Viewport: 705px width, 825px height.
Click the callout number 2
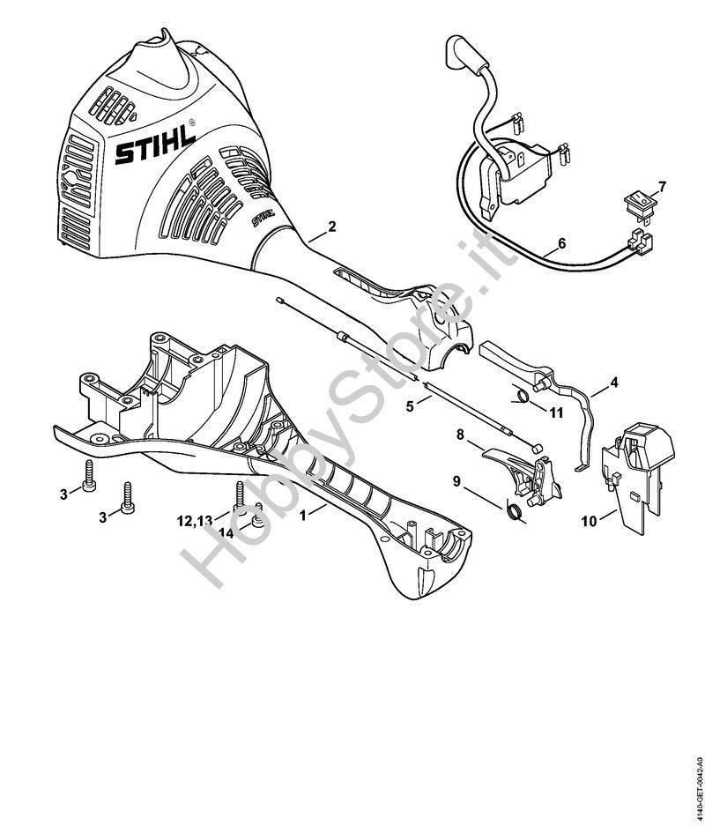[x=331, y=227]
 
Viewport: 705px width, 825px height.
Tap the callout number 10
[x=587, y=521]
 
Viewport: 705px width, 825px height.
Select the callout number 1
[x=303, y=512]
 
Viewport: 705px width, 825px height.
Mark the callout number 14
[x=226, y=533]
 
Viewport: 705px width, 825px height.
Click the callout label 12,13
[x=195, y=522]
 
